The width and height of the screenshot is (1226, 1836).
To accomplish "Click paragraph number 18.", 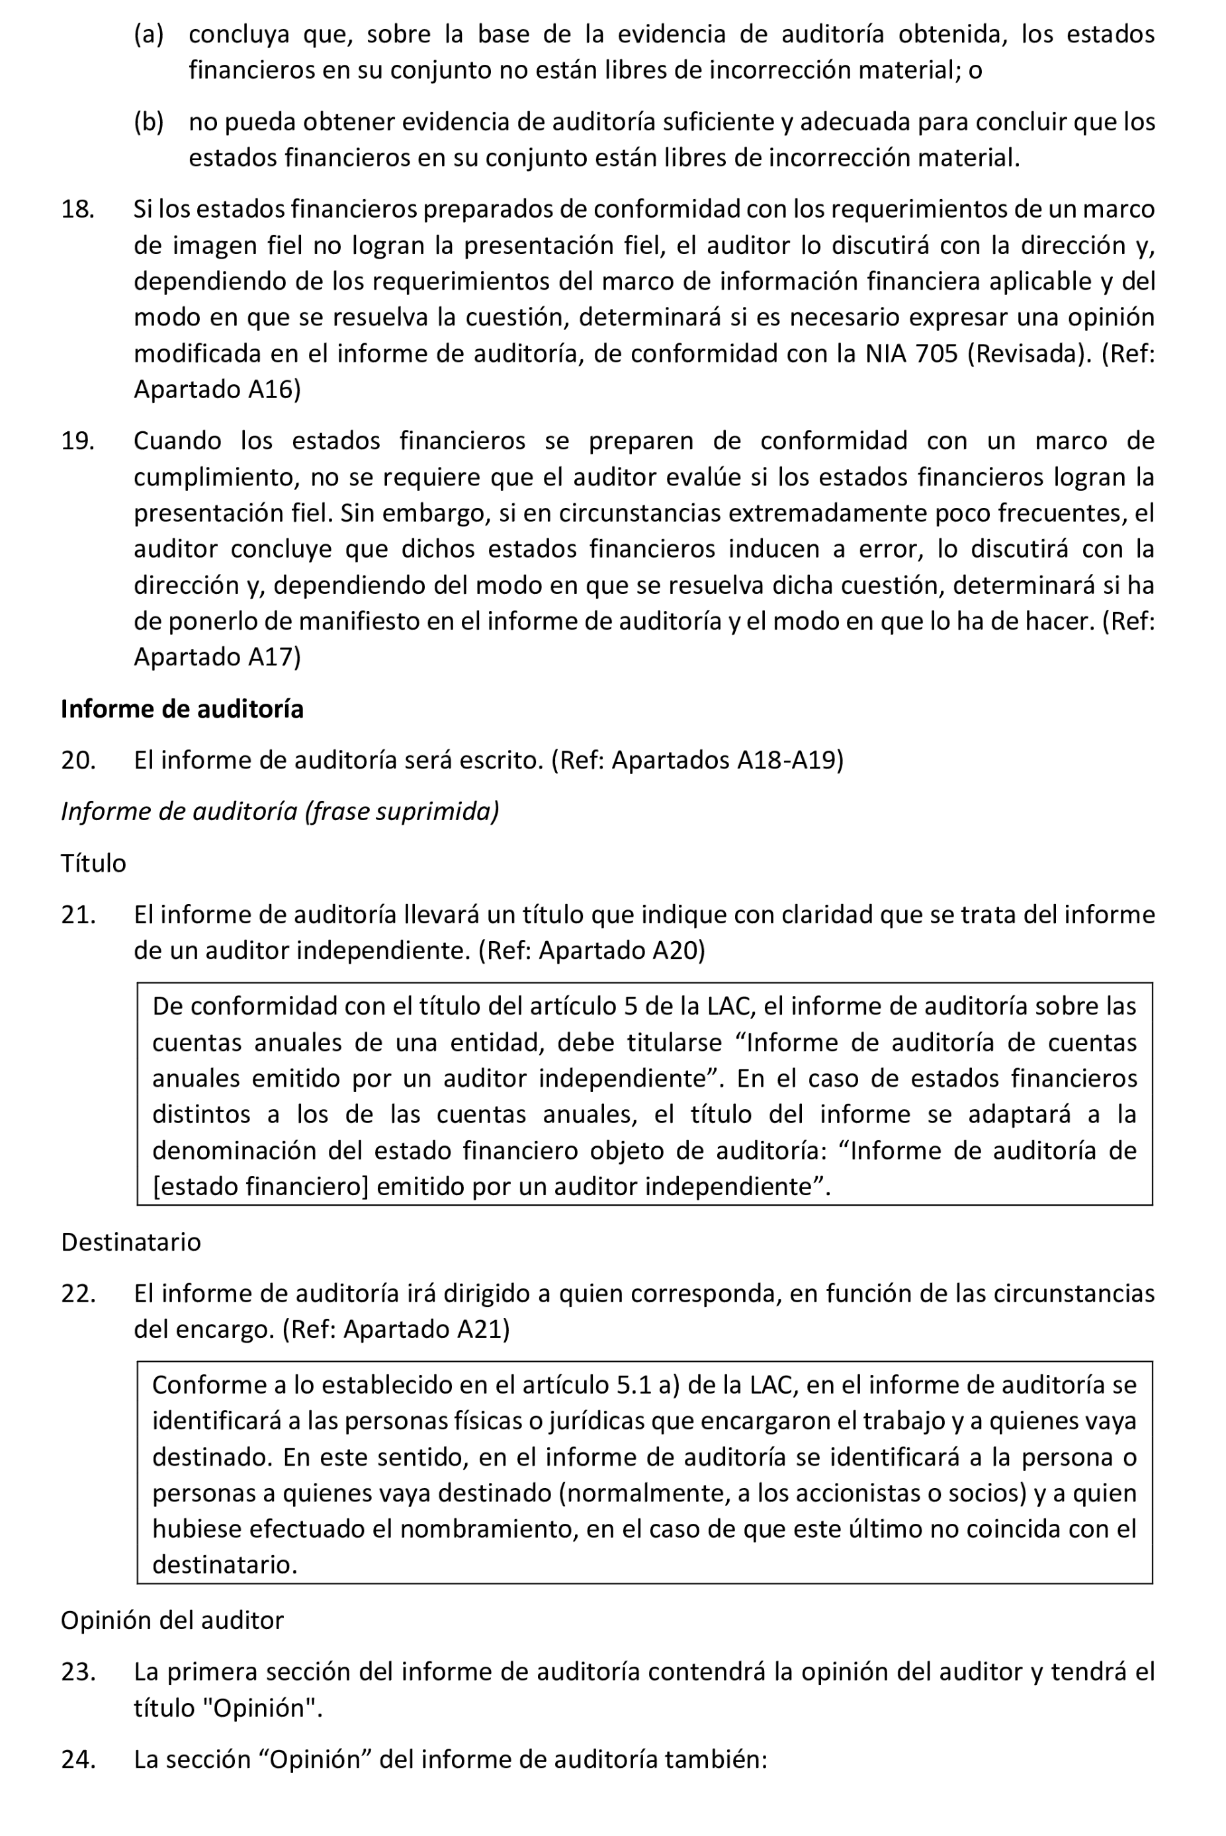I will (x=77, y=210).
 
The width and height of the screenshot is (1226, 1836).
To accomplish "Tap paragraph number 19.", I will (x=77, y=441).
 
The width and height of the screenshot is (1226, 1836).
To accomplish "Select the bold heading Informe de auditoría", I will (x=181, y=709).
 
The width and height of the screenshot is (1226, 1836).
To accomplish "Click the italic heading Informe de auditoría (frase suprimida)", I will (x=279, y=812).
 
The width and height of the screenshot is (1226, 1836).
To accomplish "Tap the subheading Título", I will (x=93, y=863).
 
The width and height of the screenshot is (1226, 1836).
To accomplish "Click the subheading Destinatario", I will (x=130, y=1242).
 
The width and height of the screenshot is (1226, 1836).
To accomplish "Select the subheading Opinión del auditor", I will (x=172, y=1620).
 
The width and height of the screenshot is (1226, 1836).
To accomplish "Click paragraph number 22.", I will (x=78, y=1294).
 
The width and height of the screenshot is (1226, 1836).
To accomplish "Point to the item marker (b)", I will (x=149, y=122).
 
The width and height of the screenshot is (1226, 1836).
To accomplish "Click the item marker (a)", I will (x=149, y=34).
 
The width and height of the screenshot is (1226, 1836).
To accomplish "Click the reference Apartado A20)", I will (x=621, y=950).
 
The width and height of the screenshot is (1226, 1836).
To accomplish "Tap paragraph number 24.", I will (x=78, y=1759).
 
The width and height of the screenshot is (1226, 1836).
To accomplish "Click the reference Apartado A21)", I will (x=426, y=1329).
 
